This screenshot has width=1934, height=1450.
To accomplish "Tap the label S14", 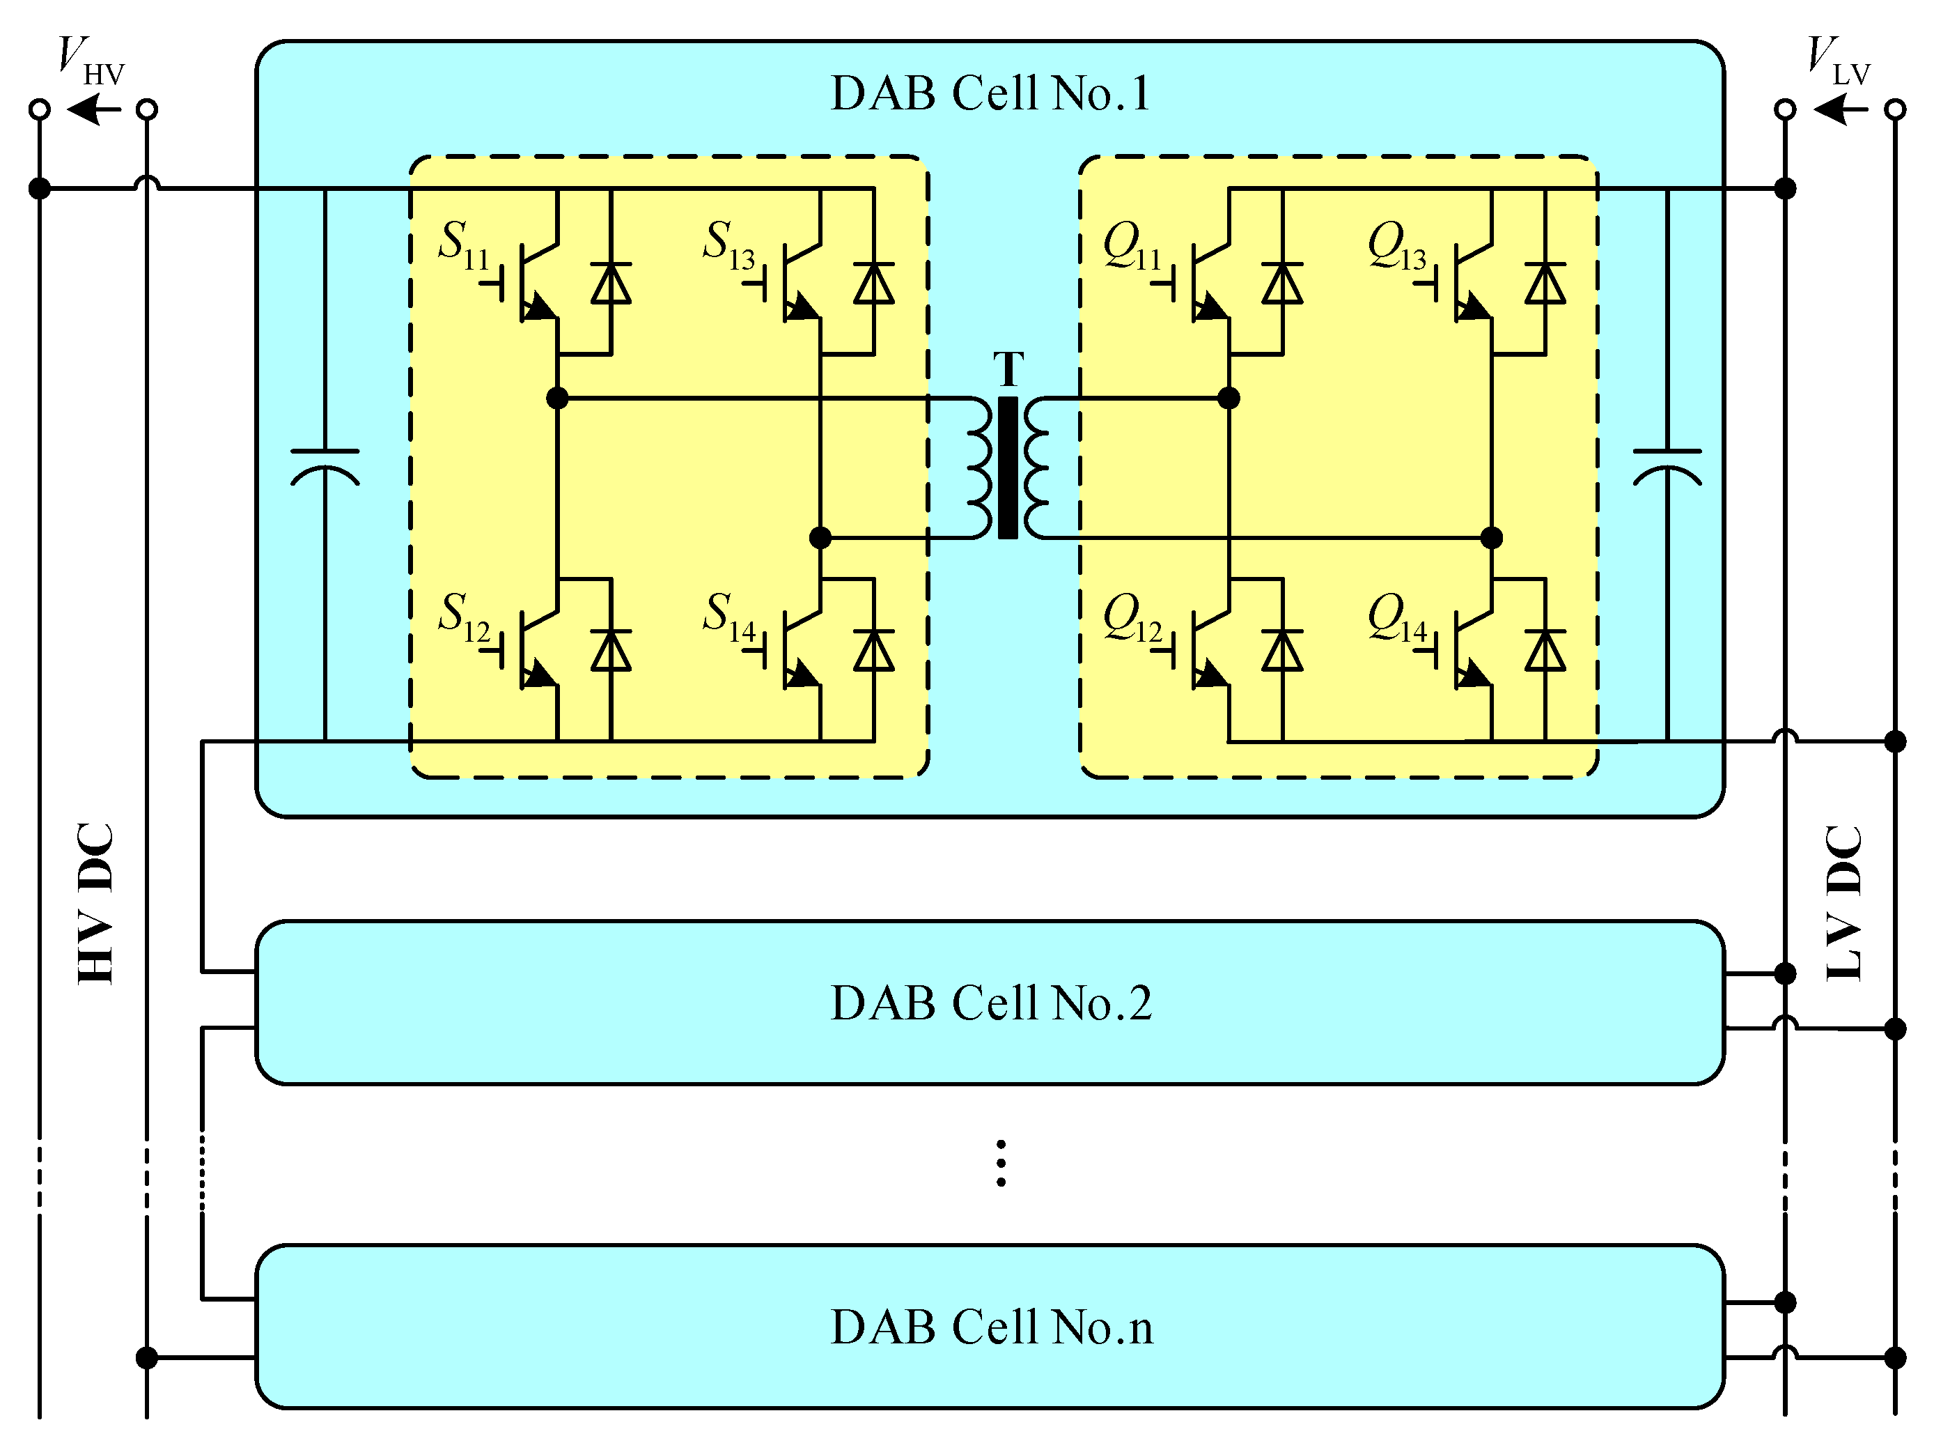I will pyautogui.click(x=728, y=617).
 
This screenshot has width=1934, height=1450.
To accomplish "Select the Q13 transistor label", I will pyautogui.click(x=1396, y=245).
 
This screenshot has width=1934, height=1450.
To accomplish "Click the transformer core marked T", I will pyautogui.click(x=1007, y=468).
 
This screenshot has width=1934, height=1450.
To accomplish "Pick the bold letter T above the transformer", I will pyautogui.click(x=1008, y=369).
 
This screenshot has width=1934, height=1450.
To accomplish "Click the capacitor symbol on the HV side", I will pyautogui.click(x=325, y=467).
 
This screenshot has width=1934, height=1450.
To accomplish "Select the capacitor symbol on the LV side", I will pyautogui.click(x=1667, y=467).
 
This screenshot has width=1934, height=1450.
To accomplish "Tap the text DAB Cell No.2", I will pyautogui.click(x=990, y=1003).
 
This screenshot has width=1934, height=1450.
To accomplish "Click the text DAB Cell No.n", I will pyautogui.click(x=990, y=1327).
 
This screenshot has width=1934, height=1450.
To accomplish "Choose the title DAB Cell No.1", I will pyautogui.click(x=990, y=93).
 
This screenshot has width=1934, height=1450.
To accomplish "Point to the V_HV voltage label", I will pyautogui.click(x=89, y=59).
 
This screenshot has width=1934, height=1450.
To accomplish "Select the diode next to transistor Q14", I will pyautogui.click(x=1545, y=651).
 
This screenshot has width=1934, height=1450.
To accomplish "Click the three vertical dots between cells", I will pyautogui.click(x=1001, y=1163).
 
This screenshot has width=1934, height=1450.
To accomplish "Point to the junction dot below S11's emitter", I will pyautogui.click(x=557, y=399).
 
